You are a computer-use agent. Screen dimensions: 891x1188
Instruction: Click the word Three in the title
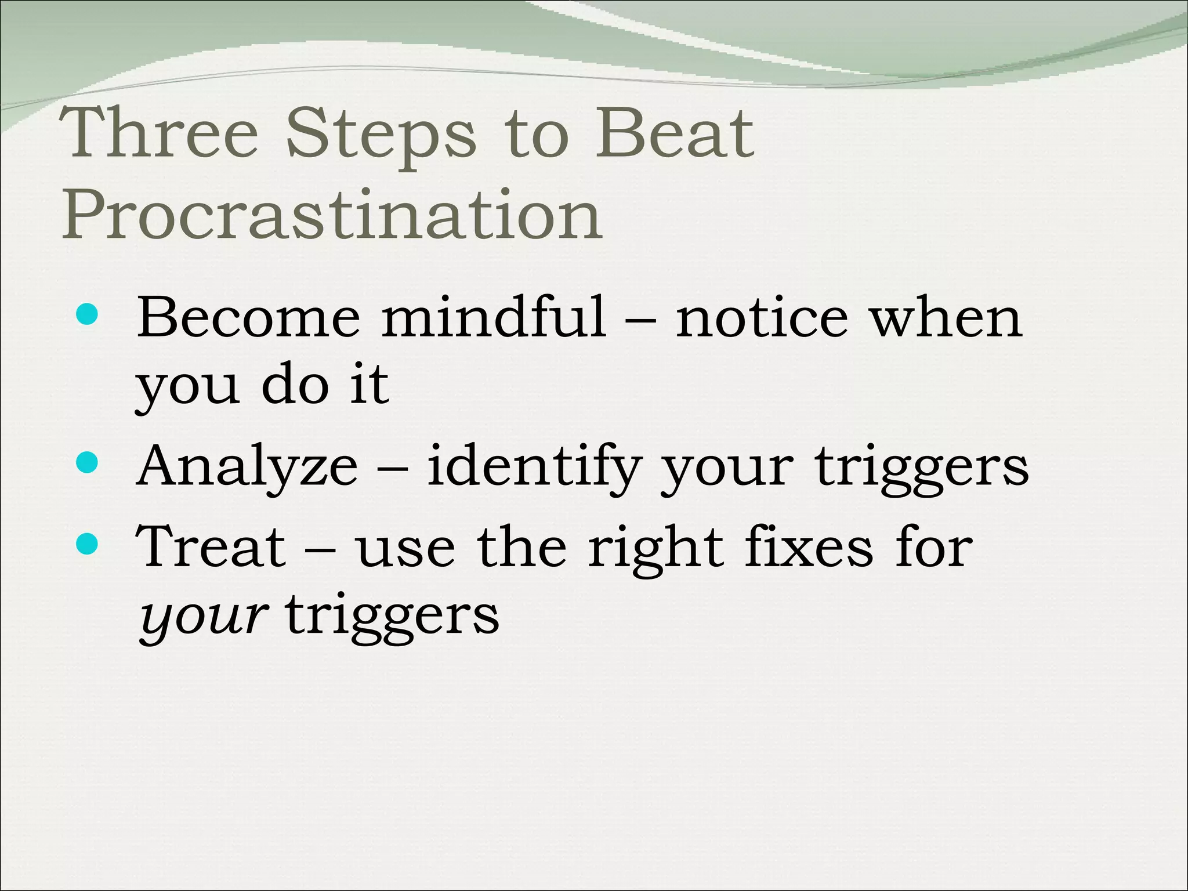(160, 133)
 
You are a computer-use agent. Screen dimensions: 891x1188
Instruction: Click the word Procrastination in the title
(332, 215)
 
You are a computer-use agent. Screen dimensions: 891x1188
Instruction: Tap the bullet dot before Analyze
(87, 463)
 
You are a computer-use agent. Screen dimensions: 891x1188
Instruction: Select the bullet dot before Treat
(87, 544)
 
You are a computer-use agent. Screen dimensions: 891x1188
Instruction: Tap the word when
(947, 318)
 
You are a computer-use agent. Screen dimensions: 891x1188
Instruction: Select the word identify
(534, 468)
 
